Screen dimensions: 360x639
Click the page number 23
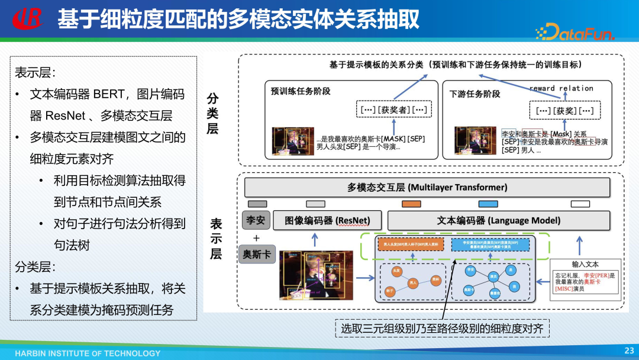629,351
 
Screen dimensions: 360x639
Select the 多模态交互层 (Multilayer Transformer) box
427,187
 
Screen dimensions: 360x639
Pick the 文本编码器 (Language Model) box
498,220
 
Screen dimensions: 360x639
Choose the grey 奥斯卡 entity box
257,254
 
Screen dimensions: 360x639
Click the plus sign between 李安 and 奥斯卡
256,237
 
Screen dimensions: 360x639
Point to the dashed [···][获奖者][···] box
393,110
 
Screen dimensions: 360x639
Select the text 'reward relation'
561,88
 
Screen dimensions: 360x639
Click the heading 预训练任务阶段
301,91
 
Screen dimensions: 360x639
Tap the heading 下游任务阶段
475,94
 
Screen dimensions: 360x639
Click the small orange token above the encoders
411,204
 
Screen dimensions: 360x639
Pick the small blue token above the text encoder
488,204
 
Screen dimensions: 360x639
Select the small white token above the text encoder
580,204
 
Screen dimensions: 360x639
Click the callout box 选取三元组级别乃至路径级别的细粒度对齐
443,328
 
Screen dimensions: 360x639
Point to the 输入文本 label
585,264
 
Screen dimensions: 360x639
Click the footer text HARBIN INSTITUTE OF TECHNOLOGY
88,353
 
